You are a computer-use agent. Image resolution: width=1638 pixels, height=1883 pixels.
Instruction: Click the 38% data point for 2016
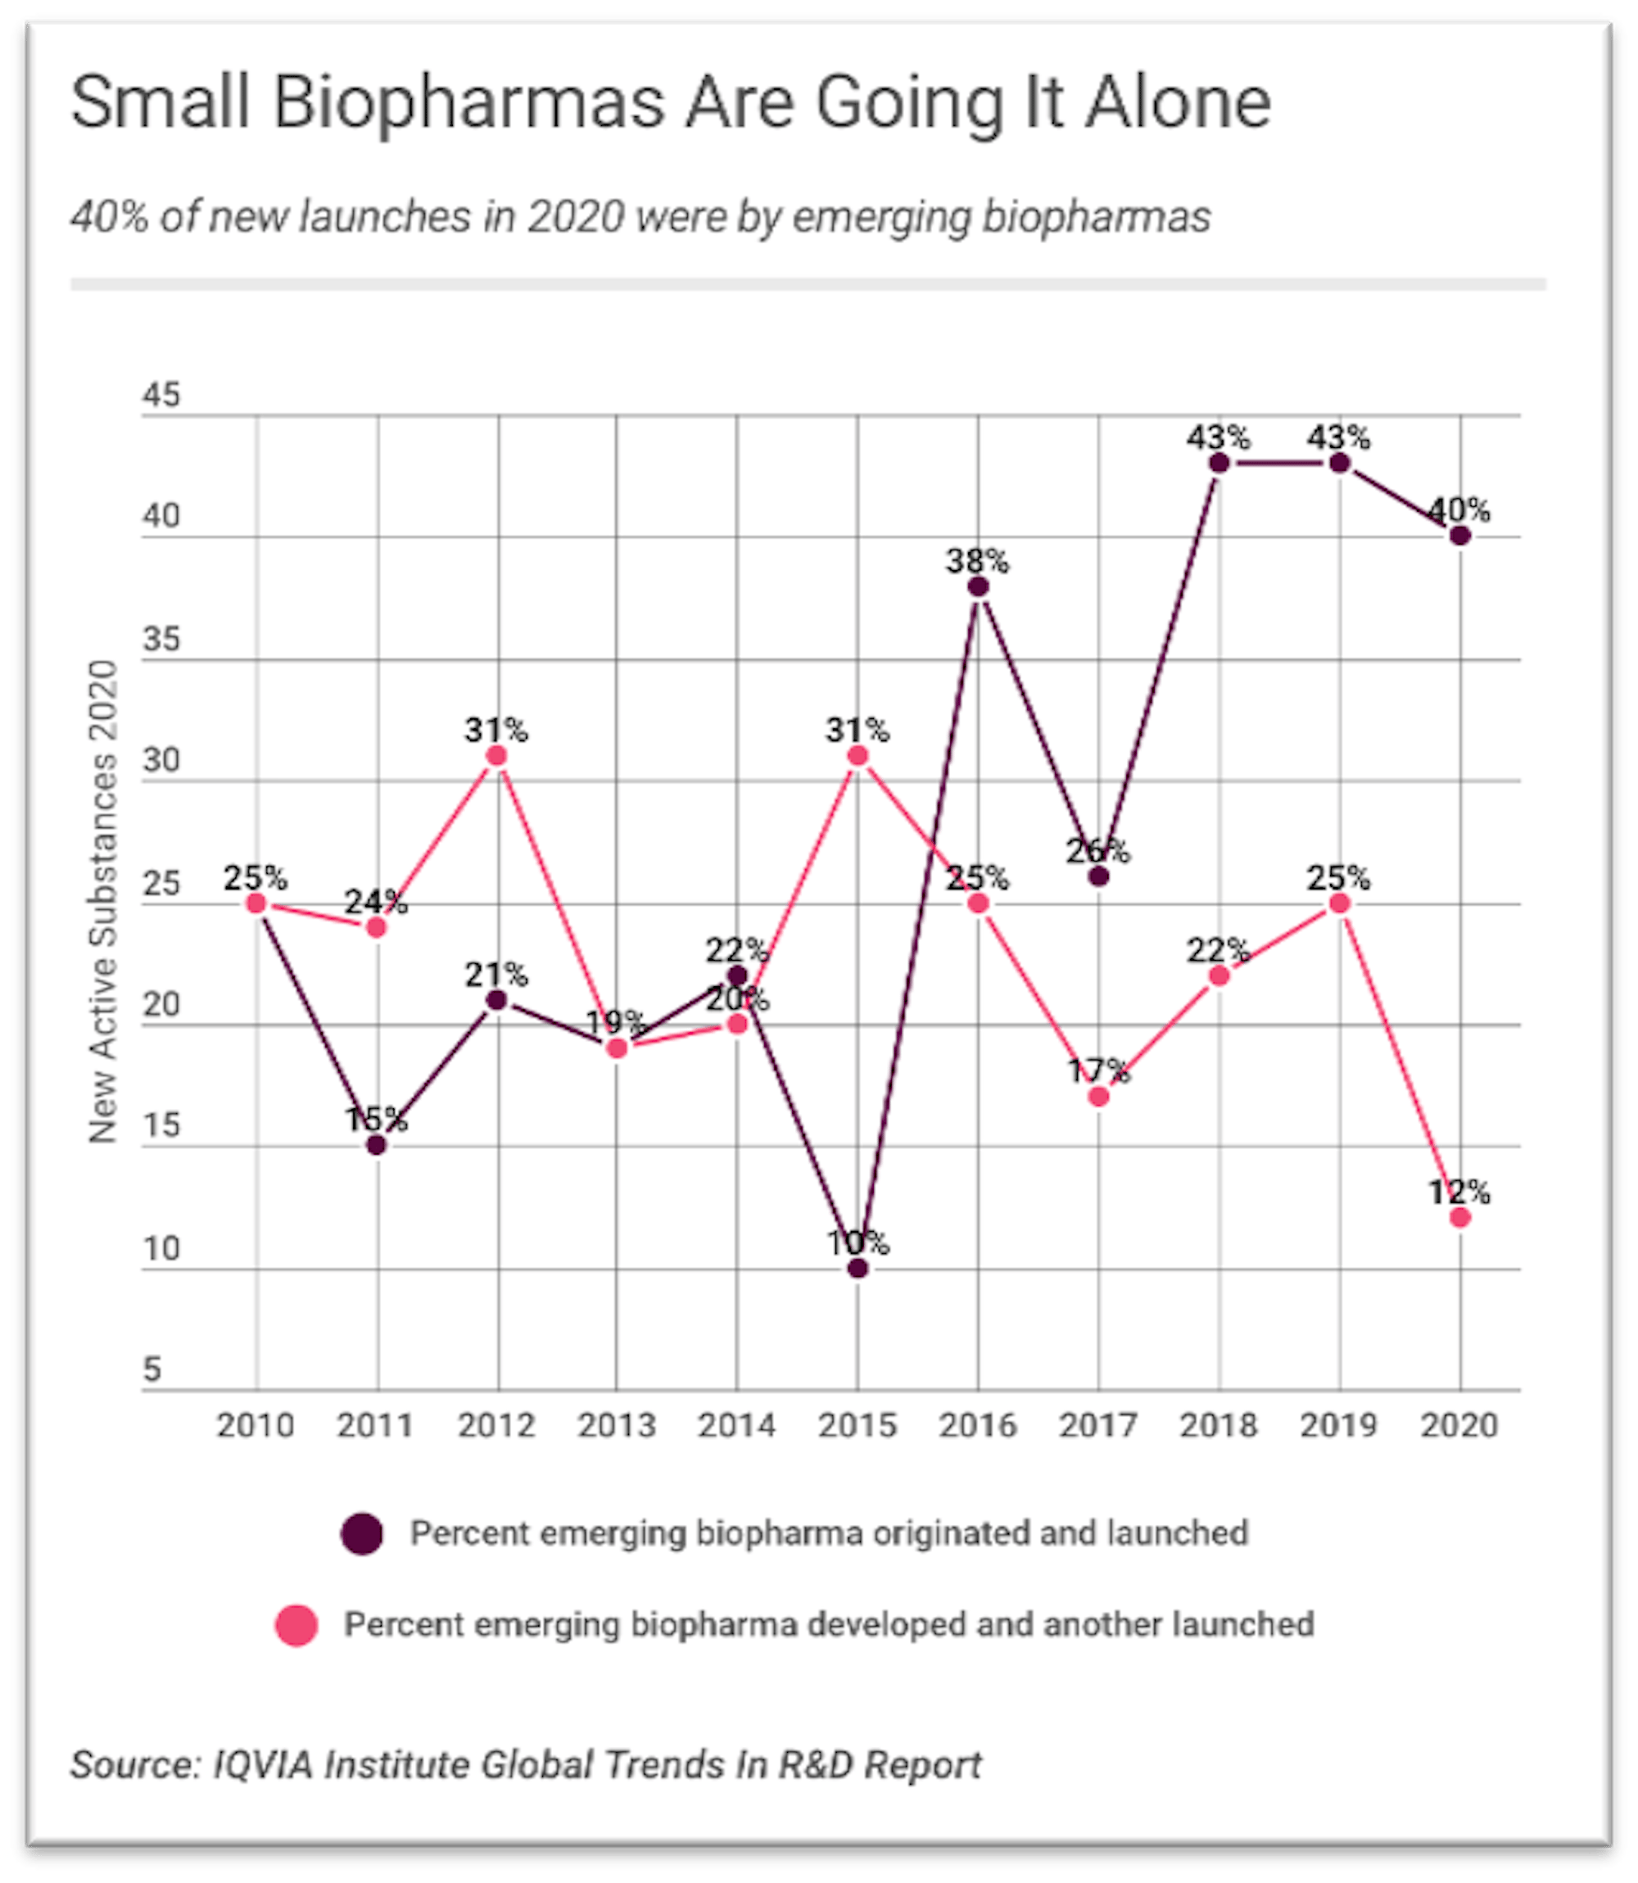978,586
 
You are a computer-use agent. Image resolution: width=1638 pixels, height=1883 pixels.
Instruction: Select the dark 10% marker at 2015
857,1268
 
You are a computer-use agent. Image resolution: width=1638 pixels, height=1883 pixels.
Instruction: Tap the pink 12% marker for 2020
1459,1218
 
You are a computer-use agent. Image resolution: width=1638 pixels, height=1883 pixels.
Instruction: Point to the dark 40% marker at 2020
1459,536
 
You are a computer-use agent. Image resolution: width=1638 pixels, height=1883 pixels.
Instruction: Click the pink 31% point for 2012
496,756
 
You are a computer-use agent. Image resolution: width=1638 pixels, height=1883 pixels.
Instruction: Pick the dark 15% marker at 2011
377,1145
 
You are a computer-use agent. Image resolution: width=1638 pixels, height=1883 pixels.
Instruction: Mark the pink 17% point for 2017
1099,1096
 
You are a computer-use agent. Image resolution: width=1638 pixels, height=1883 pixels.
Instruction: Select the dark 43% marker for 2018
1219,464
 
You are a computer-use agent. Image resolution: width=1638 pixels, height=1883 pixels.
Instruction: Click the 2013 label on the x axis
616,1425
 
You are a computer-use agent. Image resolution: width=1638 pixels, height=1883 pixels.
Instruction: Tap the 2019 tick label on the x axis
1338,1425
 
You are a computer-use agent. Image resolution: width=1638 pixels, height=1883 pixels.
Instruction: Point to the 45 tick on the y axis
161,396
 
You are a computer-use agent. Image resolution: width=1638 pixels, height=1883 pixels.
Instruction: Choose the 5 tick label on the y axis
152,1369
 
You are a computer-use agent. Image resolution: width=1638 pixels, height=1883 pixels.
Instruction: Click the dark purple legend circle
362,1533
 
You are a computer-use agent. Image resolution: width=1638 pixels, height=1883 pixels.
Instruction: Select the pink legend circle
296,1624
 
